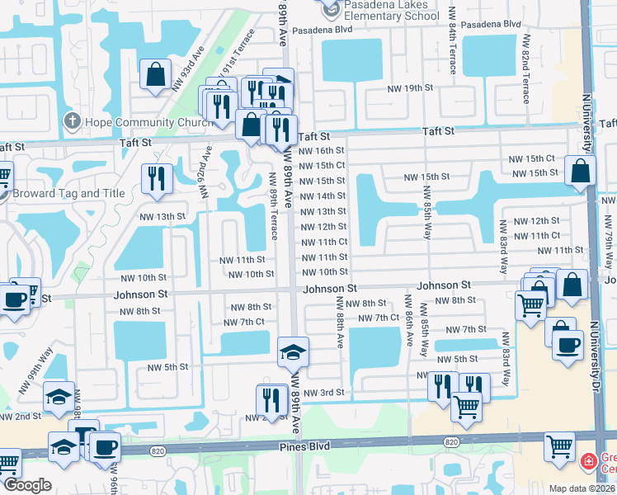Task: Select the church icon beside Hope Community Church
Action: [72, 122]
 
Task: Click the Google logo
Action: [27, 485]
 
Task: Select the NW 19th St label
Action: [412, 87]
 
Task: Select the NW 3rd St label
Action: [323, 393]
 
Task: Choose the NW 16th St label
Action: [322, 150]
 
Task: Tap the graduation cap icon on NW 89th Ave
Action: [293, 351]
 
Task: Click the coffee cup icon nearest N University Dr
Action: [567, 345]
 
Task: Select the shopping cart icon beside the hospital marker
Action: [558, 446]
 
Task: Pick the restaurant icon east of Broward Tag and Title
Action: [154, 177]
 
